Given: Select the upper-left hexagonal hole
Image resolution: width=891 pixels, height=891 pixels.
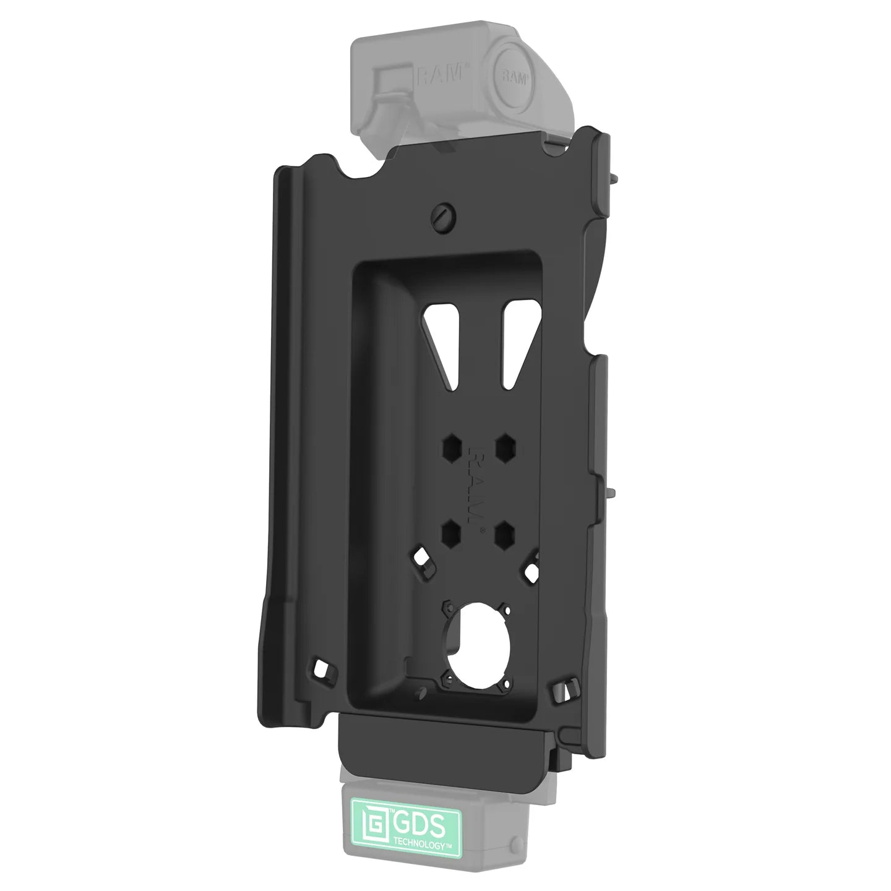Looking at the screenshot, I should click(451, 442).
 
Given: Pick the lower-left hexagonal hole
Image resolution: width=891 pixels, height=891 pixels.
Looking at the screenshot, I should click(450, 529).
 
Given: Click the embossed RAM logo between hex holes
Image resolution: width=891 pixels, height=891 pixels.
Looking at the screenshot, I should click(478, 486).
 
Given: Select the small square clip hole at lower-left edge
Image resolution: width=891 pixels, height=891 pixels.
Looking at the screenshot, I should click(322, 669).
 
